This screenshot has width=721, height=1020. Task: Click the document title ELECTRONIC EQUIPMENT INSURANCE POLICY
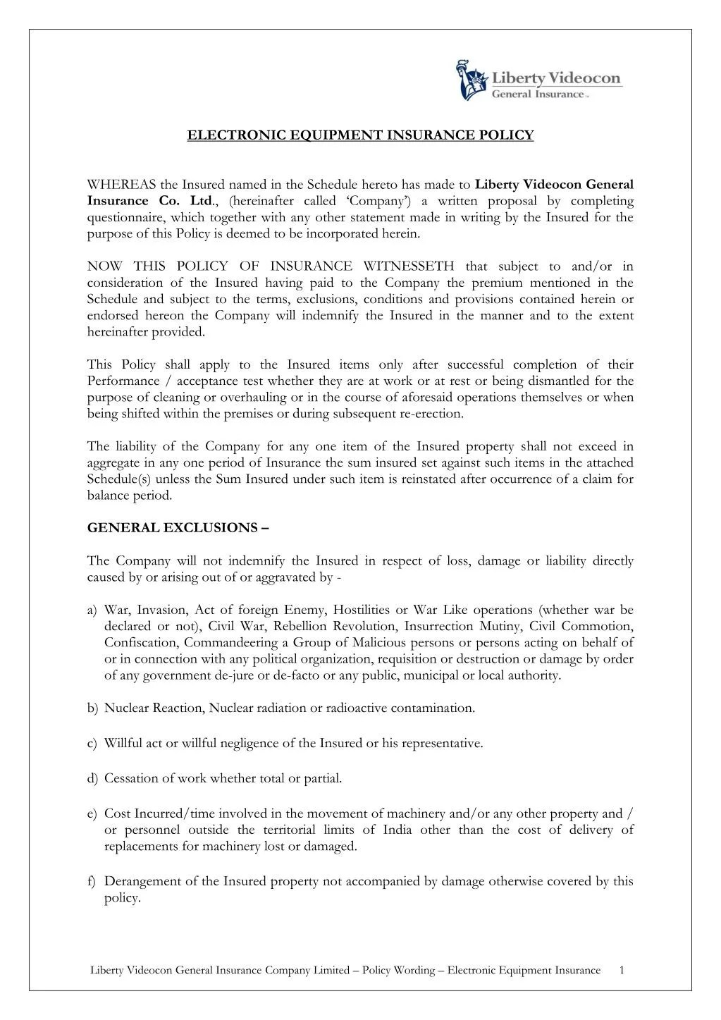click(x=360, y=135)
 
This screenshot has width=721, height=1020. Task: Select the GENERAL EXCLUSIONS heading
click(x=177, y=528)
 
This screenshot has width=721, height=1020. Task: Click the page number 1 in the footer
click(x=622, y=970)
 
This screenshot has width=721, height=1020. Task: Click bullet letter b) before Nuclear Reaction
click(x=92, y=708)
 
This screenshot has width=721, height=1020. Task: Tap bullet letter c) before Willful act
click(x=92, y=744)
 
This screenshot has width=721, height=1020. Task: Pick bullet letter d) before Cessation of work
click(x=92, y=779)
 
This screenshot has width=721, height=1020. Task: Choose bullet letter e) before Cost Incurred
click(x=92, y=814)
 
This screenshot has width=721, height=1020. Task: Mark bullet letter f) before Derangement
click(x=92, y=882)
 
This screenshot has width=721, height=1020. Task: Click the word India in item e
click(x=396, y=830)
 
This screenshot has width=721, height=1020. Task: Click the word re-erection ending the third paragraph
click(x=431, y=414)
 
